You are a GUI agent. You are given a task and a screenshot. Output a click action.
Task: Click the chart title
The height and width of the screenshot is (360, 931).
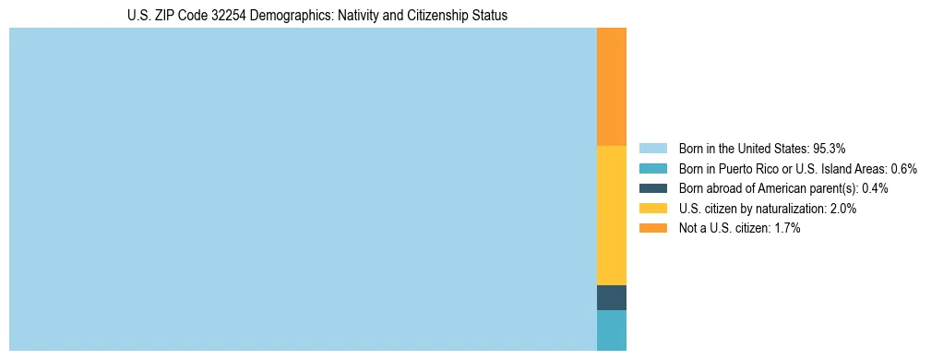(x=316, y=16)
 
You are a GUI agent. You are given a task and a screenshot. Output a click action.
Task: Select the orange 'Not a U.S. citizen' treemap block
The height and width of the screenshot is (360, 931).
(x=612, y=87)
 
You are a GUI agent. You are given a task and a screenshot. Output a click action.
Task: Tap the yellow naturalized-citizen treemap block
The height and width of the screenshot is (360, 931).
(x=612, y=215)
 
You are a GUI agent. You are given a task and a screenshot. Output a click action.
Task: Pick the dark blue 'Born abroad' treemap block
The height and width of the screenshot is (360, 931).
(x=612, y=297)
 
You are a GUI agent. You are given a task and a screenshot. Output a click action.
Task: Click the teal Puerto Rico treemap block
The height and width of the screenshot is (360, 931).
(x=612, y=330)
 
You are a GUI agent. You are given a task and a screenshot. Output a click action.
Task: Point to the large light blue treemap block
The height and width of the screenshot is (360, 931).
(x=303, y=189)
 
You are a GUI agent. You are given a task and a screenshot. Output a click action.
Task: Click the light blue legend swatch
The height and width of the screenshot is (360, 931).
(x=652, y=149)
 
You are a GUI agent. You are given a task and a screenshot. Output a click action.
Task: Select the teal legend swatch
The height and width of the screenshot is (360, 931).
(x=652, y=169)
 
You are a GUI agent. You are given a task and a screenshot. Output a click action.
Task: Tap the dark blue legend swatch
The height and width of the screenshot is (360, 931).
(x=652, y=188)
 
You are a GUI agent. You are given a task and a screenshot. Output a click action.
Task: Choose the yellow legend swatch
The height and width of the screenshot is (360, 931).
(x=652, y=209)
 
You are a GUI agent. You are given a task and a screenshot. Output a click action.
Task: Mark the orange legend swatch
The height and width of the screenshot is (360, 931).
(x=652, y=228)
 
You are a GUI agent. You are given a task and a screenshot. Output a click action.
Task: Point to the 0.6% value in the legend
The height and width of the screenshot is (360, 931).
(x=904, y=169)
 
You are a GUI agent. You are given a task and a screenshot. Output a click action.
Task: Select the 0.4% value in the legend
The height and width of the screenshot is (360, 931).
(x=875, y=188)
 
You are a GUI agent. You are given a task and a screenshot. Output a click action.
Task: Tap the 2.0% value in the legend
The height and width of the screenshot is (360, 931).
(x=843, y=209)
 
